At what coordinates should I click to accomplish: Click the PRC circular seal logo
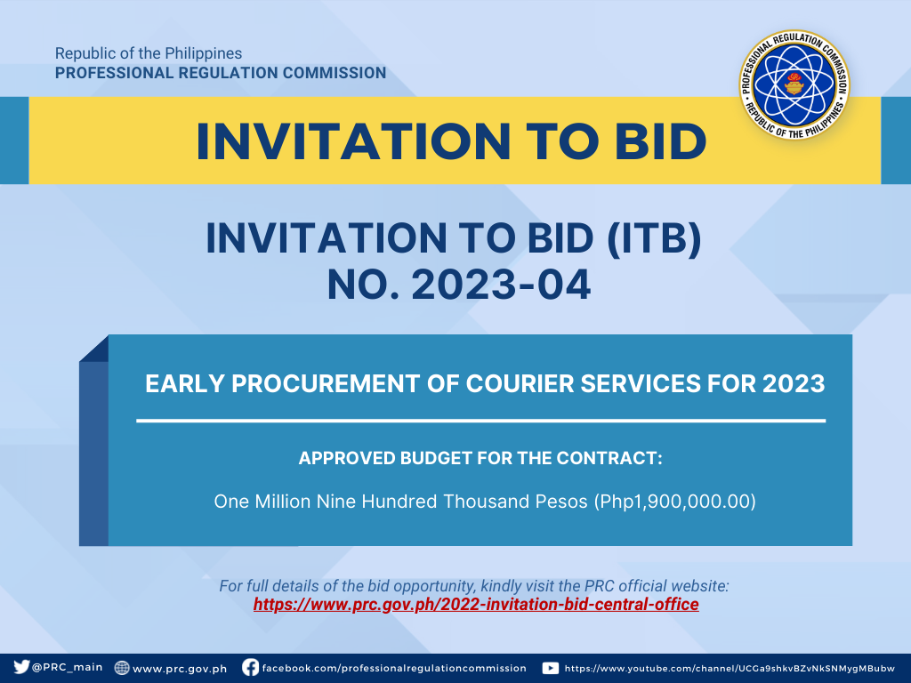pyautogui.click(x=794, y=84)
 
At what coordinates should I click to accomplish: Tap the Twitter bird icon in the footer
pyautogui.click(x=21, y=667)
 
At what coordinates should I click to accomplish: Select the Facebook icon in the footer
pyautogui.click(x=250, y=667)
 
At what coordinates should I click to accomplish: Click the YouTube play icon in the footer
pyautogui.click(x=550, y=668)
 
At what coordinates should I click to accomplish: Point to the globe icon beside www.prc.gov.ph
pyautogui.click(x=121, y=667)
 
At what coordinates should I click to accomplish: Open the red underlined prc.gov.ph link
pyautogui.click(x=476, y=605)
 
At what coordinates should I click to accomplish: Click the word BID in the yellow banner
pyautogui.click(x=661, y=141)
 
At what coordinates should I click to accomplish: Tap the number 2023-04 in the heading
pyautogui.click(x=501, y=285)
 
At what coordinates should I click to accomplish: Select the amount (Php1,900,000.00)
pyautogui.click(x=674, y=502)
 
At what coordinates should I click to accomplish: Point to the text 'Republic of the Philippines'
pyautogui.click(x=149, y=53)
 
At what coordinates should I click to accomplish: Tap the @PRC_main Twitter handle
pyautogui.click(x=68, y=667)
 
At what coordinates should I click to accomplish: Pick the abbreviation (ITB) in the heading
pyautogui.click(x=654, y=238)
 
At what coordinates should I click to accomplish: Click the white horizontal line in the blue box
pyautogui.click(x=481, y=421)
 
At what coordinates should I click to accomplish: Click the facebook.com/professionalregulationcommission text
pyautogui.click(x=394, y=668)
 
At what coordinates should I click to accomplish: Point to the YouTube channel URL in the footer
pyautogui.click(x=730, y=669)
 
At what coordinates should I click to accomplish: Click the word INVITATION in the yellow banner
pyautogui.click(x=354, y=141)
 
